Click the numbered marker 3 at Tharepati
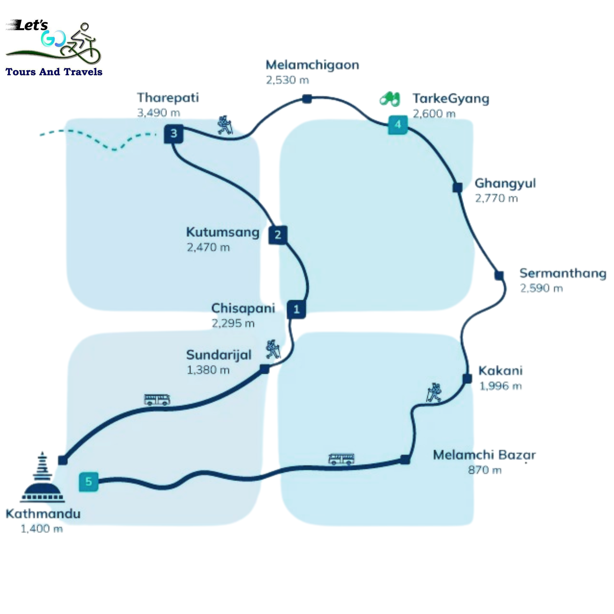tap(174, 134)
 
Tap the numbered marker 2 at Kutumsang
tap(278, 235)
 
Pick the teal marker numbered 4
tap(398, 125)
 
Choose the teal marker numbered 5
tap(89, 482)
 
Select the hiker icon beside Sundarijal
tap(273, 349)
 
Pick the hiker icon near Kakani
tap(434, 392)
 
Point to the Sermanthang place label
tap(563, 273)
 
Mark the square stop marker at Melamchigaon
tap(307, 99)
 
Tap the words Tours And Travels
tap(54, 72)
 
